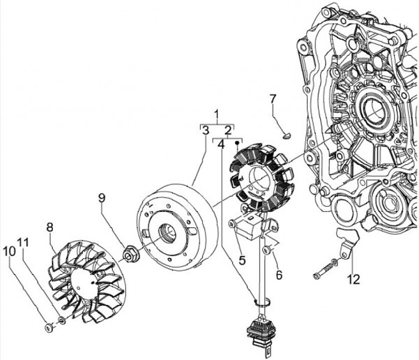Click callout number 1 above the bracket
click(216, 114)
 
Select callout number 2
click(228, 130)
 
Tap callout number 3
click(205, 130)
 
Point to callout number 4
click(221, 144)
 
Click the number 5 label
click(242, 260)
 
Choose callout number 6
click(279, 275)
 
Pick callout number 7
click(272, 99)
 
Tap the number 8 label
click(49, 227)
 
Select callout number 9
click(101, 198)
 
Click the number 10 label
click(9, 252)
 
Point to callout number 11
click(23, 242)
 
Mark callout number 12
click(354, 280)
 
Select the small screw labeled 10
click(48, 327)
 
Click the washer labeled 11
click(62, 320)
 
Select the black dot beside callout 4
click(236, 143)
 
